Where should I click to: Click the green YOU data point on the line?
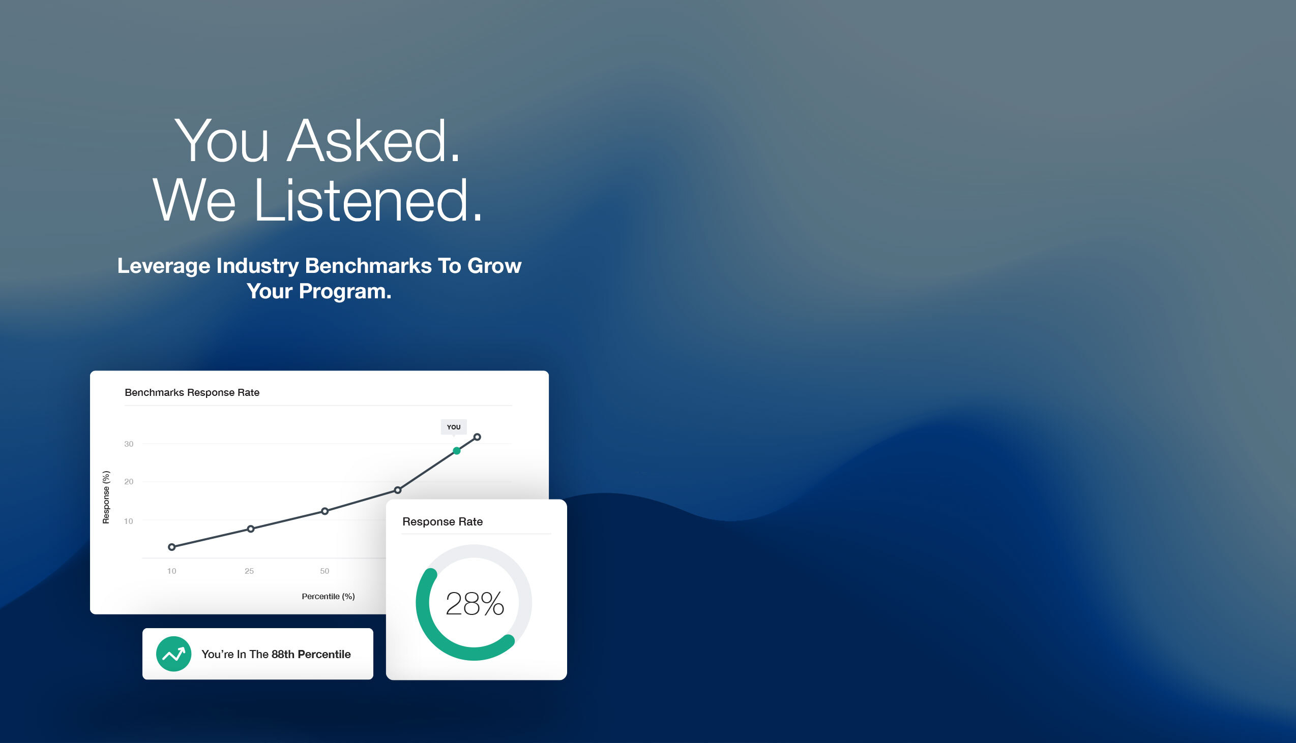point(457,451)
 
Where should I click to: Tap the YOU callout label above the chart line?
point(453,427)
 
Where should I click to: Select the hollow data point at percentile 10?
point(171,547)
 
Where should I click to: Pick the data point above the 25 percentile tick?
point(251,529)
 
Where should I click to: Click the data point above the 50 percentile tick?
point(325,511)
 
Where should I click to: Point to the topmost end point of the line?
point(477,437)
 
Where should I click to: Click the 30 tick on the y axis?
point(129,444)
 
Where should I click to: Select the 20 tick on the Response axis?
point(129,481)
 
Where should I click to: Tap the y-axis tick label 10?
point(129,521)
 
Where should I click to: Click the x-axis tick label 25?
point(249,571)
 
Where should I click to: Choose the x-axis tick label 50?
point(325,571)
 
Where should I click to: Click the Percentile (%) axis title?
point(329,596)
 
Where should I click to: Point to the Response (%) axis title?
point(106,497)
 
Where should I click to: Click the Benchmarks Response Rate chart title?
point(192,392)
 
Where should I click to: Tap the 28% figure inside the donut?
point(475,604)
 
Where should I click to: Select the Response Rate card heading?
point(443,521)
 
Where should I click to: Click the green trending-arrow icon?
point(173,654)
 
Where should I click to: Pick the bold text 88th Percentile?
point(311,654)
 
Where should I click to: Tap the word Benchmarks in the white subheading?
point(368,266)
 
